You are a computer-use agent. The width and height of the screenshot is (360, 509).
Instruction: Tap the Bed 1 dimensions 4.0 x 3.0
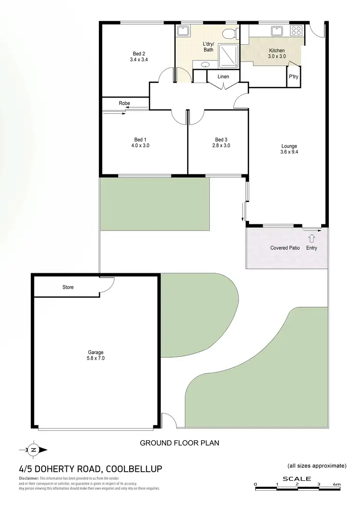click(140, 145)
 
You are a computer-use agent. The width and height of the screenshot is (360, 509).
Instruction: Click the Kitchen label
click(276, 50)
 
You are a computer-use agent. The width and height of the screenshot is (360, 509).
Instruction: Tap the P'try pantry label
click(293, 77)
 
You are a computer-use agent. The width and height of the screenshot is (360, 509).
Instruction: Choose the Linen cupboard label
click(223, 77)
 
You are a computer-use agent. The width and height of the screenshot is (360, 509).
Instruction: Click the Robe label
click(124, 103)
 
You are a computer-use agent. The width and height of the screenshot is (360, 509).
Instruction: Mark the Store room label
click(68, 287)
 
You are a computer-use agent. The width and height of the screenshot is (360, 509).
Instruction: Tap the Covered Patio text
click(285, 248)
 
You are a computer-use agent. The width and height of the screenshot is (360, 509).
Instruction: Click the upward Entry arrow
click(311, 238)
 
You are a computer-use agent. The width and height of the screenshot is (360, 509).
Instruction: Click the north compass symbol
click(34, 450)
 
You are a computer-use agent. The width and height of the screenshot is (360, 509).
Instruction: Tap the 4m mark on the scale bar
click(338, 484)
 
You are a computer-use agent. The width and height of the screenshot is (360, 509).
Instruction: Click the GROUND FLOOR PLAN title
click(180, 443)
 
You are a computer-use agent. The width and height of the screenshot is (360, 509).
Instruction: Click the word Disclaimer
click(29, 479)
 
